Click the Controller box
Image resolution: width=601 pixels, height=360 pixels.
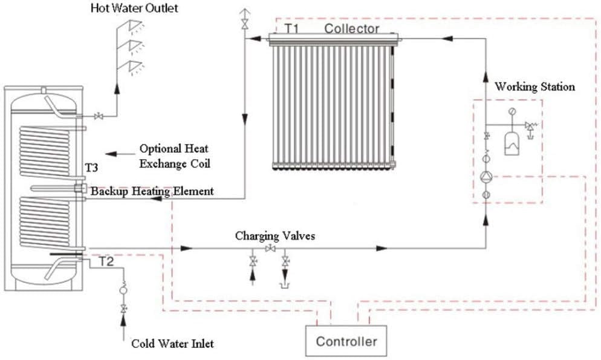346,341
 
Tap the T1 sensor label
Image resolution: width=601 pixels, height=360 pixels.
291,28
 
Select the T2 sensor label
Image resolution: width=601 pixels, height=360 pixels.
106,262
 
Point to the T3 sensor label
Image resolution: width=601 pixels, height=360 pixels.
91,168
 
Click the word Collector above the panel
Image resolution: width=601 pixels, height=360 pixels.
351,28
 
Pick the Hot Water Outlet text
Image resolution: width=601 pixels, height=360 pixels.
134,8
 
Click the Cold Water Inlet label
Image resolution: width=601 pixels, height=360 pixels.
172,344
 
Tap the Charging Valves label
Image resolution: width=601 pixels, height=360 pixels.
275,235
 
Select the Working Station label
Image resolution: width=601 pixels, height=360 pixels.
534,87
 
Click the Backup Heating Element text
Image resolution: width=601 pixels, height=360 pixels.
152,191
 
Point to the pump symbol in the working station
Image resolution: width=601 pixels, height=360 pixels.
486,177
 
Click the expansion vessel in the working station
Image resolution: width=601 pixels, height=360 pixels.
512,143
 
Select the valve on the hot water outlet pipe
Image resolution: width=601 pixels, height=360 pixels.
99,116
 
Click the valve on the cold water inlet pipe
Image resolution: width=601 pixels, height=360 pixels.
123,309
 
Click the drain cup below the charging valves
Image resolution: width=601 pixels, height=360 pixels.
285,286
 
